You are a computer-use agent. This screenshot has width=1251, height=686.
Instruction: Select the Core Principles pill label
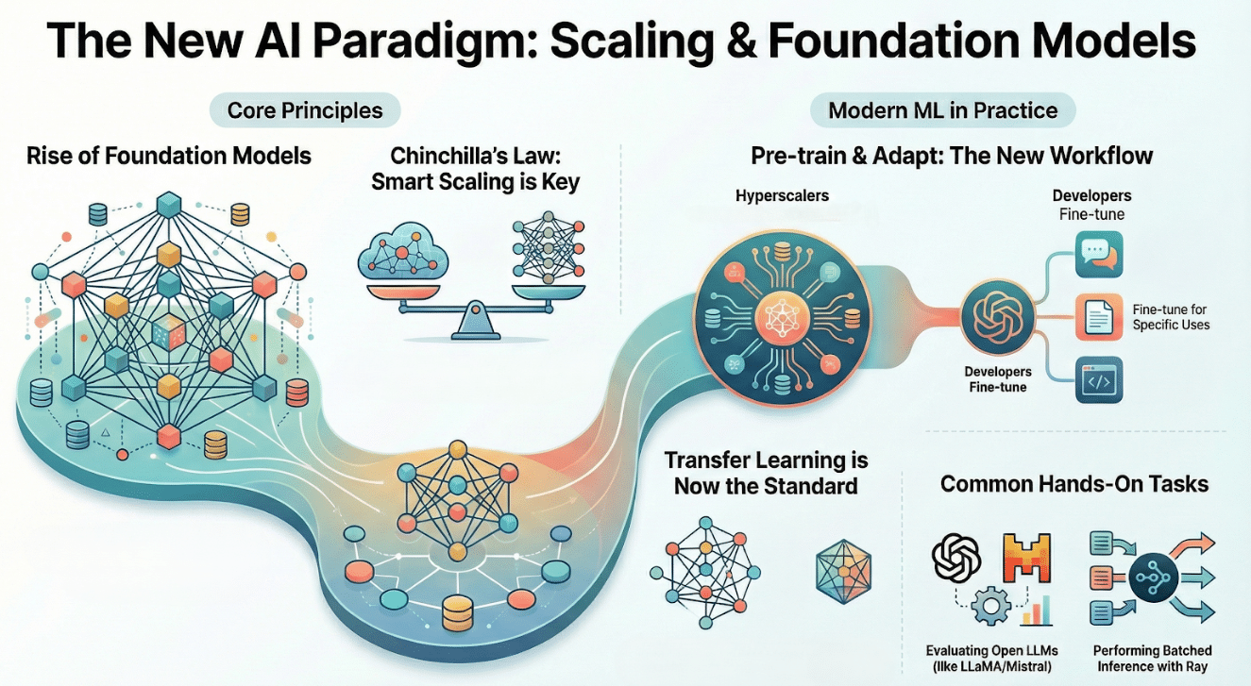click(x=305, y=110)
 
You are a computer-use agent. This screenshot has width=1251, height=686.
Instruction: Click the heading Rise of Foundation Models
click(x=169, y=155)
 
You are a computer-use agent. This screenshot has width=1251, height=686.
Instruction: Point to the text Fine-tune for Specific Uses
click(x=1171, y=317)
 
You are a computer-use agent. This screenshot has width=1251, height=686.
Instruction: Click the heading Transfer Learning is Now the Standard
click(x=766, y=473)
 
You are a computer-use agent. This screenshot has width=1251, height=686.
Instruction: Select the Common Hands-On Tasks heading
click(x=1074, y=484)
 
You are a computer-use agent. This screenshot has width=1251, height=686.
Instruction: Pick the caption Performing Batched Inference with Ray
click(x=1152, y=659)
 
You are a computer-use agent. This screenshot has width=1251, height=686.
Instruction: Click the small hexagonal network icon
click(x=844, y=573)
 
